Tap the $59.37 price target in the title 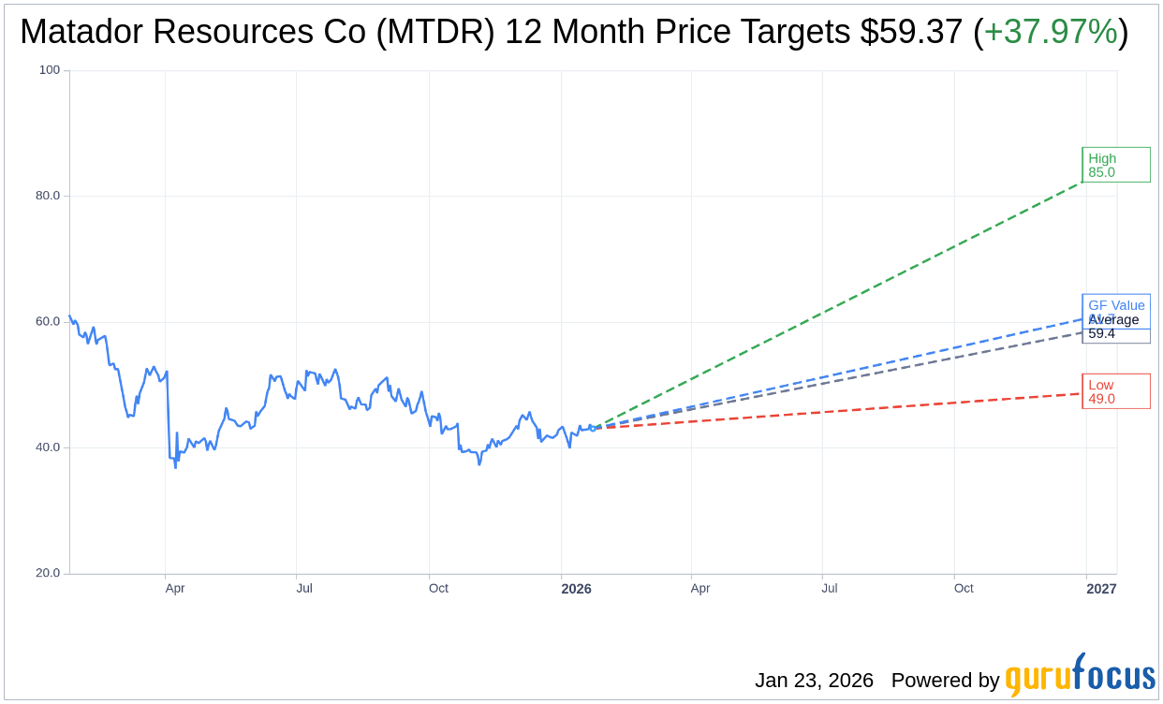(x=911, y=33)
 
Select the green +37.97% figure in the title (x=1050, y=33)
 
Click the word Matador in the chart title (x=81, y=33)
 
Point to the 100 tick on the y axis (x=49, y=70)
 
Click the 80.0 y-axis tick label (x=48, y=196)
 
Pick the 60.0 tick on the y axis (x=48, y=321)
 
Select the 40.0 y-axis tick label (x=48, y=447)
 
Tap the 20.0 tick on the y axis (x=48, y=573)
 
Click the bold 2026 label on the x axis (x=576, y=589)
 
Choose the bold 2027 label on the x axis (x=1101, y=589)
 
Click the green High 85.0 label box (x=1115, y=165)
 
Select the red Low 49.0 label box (x=1115, y=391)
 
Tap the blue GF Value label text (x=1116, y=305)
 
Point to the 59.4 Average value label (x=1102, y=334)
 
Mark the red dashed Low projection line (x=843, y=410)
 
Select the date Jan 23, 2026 (x=814, y=681)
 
